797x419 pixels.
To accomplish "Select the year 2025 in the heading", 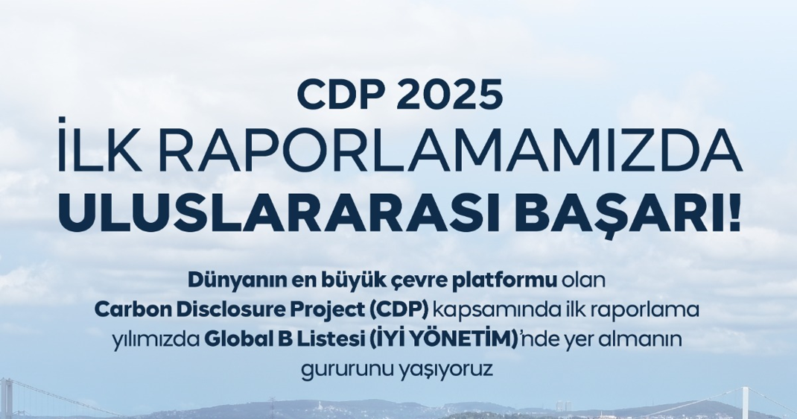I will (x=448, y=95).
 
